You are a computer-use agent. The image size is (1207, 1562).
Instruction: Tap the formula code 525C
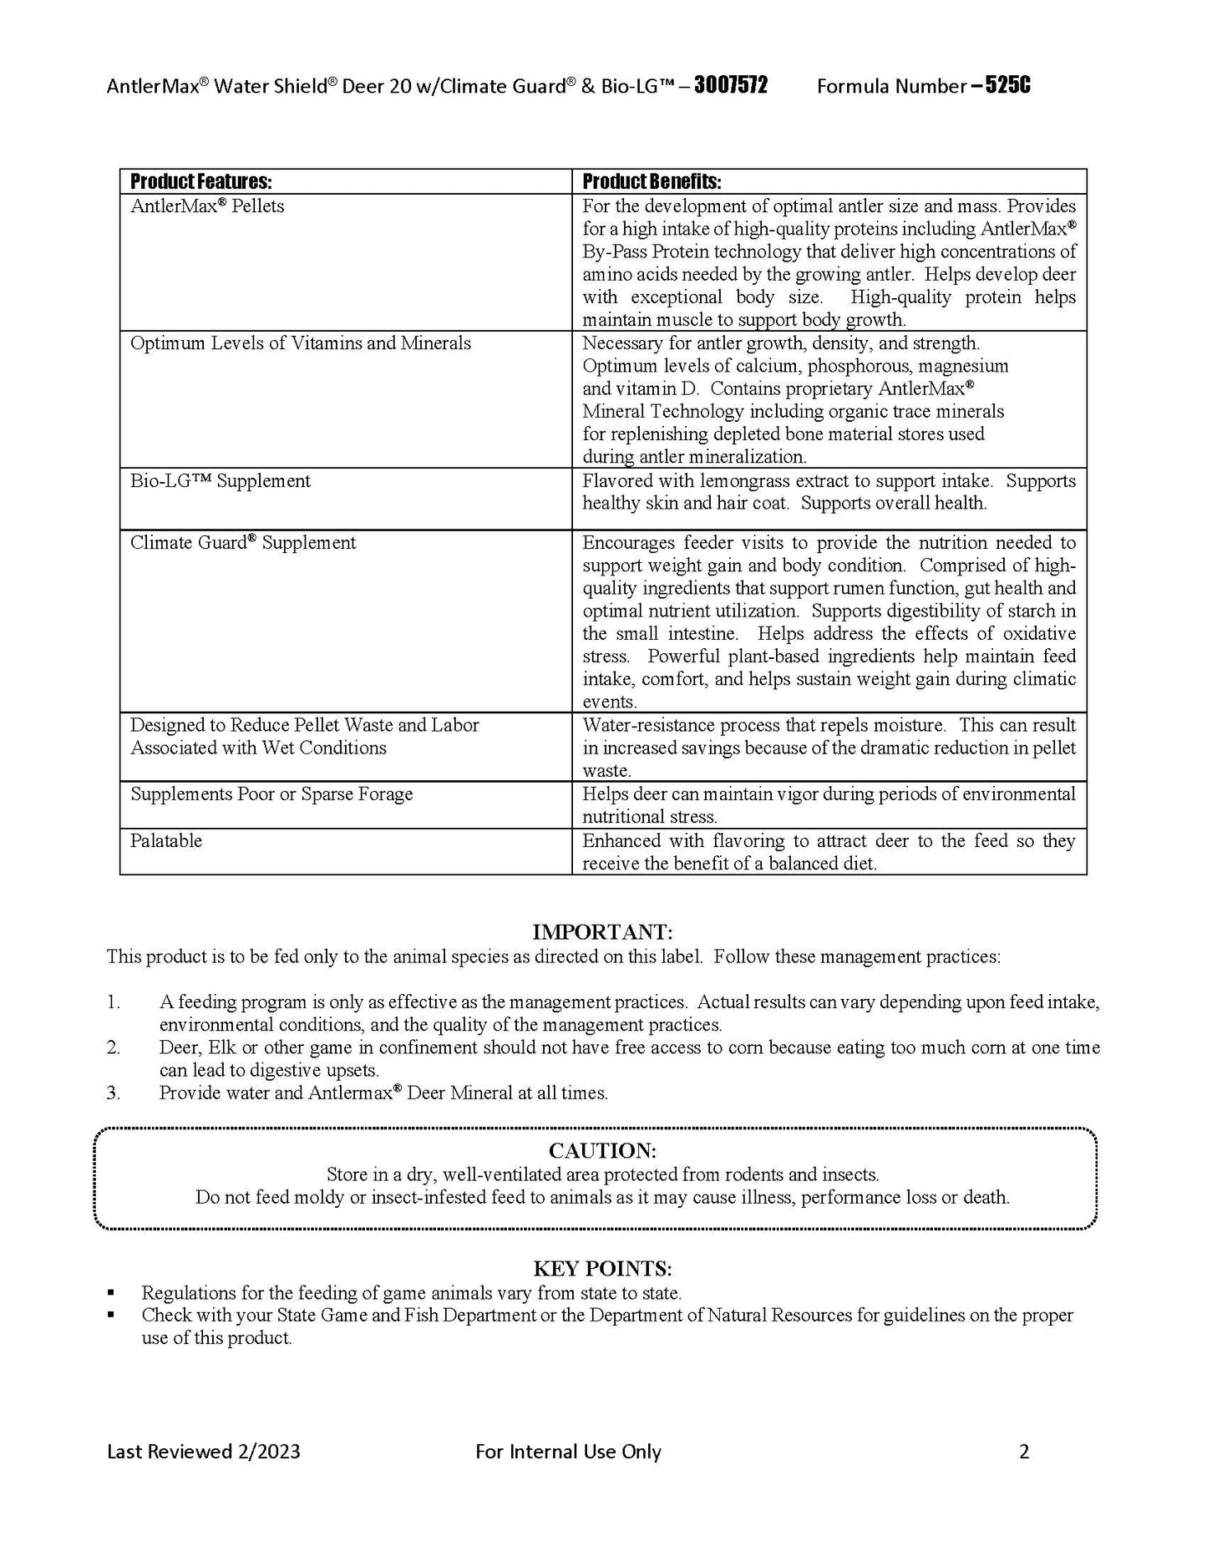[x=1008, y=86]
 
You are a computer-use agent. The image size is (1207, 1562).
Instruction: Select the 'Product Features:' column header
[x=201, y=182]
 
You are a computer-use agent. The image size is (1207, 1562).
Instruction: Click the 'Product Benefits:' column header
[x=652, y=182]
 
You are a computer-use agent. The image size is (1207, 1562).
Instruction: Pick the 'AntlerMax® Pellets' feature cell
[x=207, y=206]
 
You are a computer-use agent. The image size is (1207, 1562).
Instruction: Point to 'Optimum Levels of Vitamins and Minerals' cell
[x=301, y=343]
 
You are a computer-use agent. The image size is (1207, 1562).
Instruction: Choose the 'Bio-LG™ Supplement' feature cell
[x=221, y=481]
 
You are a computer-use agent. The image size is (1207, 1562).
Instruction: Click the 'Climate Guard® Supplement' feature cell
[x=243, y=543]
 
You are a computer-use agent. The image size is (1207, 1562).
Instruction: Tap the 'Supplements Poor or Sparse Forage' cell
[x=271, y=794]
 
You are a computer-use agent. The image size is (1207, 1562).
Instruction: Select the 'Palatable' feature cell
[x=166, y=841]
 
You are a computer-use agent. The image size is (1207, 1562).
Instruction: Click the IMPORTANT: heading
[x=602, y=932]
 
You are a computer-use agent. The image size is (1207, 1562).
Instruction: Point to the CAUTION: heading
[x=602, y=1151]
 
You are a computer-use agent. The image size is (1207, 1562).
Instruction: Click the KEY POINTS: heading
[x=602, y=1269]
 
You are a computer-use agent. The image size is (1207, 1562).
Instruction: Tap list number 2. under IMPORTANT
[x=114, y=1047]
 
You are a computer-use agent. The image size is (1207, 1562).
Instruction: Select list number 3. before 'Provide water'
[x=114, y=1093]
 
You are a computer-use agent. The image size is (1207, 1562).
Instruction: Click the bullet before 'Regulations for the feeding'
[x=112, y=1293]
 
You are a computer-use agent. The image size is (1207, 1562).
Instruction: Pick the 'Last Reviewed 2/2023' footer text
[x=204, y=1452]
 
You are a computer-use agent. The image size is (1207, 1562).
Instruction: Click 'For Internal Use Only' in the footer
[x=568, y=1452]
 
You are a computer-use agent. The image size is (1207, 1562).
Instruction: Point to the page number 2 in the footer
[x=1024, y=1452]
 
